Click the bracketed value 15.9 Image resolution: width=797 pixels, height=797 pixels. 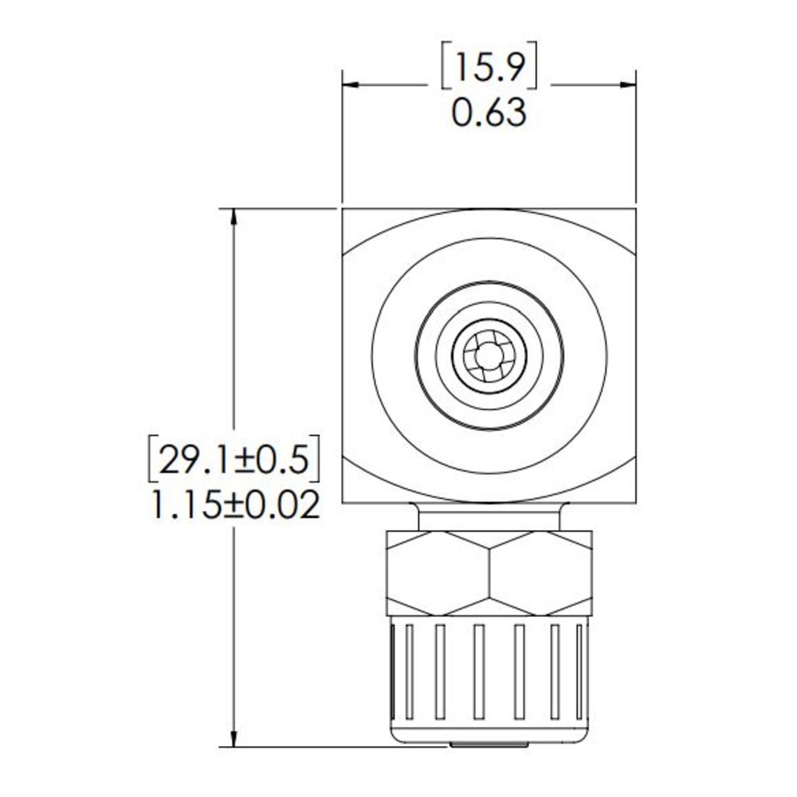(x=489, y=70)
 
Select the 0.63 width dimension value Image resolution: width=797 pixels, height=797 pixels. (x=489, y=114)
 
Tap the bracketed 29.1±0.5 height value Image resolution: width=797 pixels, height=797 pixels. (x=234, y=460)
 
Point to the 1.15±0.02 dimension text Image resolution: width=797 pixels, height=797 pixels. (x=234, y=505)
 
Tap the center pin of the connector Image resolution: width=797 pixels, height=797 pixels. (x=489, y=357)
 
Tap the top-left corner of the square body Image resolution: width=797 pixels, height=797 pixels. (x=344, y=210)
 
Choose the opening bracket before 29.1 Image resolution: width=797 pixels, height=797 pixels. (x=151, y=460)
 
